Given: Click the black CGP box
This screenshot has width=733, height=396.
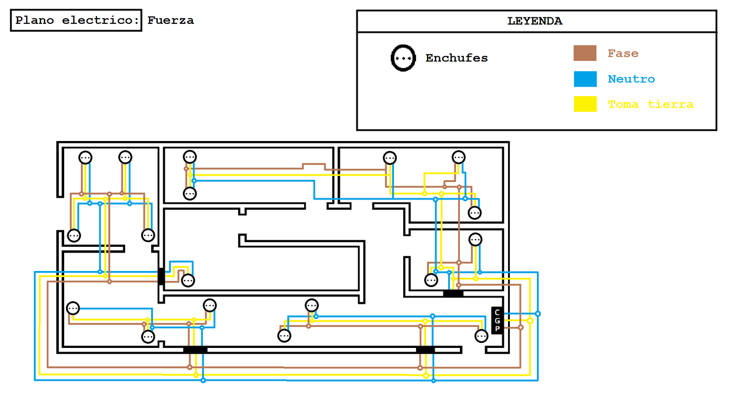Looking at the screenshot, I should [497, 320].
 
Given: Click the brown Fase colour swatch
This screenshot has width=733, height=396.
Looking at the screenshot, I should [585, 53].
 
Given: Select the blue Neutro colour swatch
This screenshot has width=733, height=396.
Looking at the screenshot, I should [585, 79].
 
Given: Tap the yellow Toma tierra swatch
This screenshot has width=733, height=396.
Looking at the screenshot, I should [585, 104].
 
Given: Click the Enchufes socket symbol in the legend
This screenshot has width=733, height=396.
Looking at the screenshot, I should [403, 58].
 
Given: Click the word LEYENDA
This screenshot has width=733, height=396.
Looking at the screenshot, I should [535, 21].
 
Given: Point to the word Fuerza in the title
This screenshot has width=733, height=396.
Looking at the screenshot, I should [170, 20].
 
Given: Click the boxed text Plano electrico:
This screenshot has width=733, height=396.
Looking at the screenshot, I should [76, 20].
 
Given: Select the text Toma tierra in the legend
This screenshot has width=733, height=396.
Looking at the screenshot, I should [650, 104].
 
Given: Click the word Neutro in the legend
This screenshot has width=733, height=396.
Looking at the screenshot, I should [631, 79].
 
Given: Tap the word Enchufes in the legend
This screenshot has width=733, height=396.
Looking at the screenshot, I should [456, 58].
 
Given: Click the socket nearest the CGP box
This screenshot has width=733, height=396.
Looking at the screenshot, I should [481, 336].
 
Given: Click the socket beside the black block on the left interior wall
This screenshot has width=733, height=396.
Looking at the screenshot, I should [188, 280].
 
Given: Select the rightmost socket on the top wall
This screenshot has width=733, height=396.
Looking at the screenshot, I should [459, 157].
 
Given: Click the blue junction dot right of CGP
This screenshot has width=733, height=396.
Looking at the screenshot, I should [538, 314].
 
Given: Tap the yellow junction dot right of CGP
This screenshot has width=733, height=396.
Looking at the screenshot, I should [530, 320].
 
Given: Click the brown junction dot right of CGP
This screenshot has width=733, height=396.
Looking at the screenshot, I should [520, 327].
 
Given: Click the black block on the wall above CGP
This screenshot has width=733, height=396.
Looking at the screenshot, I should [453, 293].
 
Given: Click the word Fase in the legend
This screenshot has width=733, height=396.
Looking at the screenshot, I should [623, 54].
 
